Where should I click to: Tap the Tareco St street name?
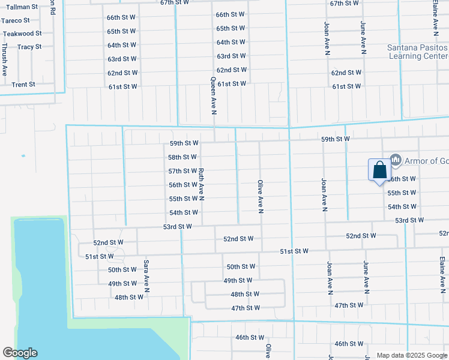click(x=16, y=20)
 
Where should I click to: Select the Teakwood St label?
click(x=22, y=34)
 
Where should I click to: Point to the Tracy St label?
click(x=29, y=47)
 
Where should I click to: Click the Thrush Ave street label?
click(x=5, y=59)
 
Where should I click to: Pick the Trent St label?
click(x=24, y=85)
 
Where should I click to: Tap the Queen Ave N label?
click(x=213, y=95)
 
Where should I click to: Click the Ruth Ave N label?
click(x=202, y=184)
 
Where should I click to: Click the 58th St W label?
click(x=182, y=157)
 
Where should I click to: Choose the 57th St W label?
click(x=182, y=171)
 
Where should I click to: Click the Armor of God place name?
click(x=427, y=160)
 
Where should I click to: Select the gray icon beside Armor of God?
click(x=396, y=160)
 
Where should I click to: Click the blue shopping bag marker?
click(x=379, y=170)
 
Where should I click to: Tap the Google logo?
click(x=20, y=353)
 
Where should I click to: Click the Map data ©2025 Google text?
click(x=411, y=355)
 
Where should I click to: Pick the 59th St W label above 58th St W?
click(x=184, y=143)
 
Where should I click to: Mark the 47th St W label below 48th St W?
click(x=246, y=308)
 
